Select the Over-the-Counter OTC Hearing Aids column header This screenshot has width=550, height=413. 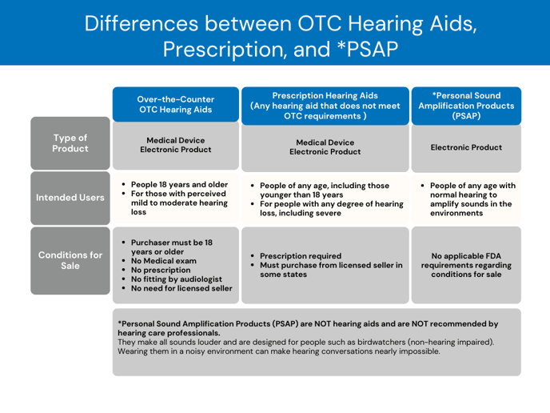[x=176, y=105]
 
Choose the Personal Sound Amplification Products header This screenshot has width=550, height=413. [x=465, y=105]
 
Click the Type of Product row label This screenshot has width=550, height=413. [x=70, y=144]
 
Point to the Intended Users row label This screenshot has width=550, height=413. [x=70, y=196]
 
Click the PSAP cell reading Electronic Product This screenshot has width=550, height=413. [x=465, y=147]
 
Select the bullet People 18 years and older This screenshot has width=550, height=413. [x=179, y=183]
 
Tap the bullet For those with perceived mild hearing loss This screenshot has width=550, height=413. [x=179, y=203]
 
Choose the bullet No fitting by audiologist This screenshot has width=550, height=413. [x=182, y=279]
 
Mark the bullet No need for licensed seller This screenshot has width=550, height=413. [x=184, y=288]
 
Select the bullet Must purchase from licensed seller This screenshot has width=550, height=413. [x=328, y=270]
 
